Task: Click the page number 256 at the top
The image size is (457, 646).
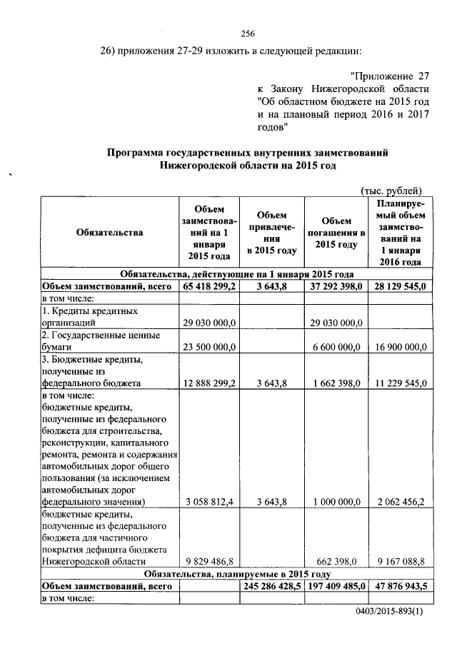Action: point(248,34)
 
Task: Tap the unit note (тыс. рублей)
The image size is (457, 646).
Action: point(392,190)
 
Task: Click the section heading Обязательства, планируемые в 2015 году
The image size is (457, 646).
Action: point(236,573)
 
